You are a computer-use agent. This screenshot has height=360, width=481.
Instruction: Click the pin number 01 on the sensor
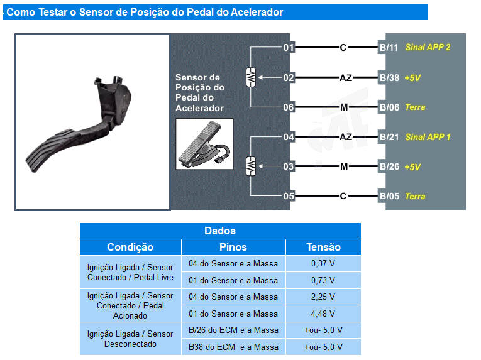289,48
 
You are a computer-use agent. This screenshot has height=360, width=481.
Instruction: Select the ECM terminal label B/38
389,77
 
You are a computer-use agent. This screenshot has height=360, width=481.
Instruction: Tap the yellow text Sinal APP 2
428,47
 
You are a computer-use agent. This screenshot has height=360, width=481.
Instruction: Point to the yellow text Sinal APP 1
428,137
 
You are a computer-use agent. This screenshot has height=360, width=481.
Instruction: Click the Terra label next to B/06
415,107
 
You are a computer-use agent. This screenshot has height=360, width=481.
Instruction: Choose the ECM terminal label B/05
389,196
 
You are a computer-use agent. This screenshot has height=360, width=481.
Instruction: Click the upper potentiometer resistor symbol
251,77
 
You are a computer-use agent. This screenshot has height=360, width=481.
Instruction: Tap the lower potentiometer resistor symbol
251,166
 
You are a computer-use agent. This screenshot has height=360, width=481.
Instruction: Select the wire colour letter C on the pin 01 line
343,48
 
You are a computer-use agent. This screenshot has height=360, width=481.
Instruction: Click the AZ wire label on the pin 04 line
346,137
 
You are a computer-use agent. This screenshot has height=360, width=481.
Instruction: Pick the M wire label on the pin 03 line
344,166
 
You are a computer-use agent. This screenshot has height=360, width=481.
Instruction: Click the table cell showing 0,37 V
323,263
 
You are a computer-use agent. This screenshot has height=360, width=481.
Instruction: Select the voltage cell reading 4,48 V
323,314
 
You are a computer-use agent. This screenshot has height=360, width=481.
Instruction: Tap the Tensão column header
323,247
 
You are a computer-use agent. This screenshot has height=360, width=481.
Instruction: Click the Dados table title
220,231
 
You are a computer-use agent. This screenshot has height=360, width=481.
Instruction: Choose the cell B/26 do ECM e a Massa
233,330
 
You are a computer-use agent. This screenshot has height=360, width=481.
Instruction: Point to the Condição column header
130,247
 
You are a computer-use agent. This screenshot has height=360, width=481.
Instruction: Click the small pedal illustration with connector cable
204,144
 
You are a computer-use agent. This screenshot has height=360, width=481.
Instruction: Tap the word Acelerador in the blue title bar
257,13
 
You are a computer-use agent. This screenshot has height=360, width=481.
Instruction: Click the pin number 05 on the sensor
289,196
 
